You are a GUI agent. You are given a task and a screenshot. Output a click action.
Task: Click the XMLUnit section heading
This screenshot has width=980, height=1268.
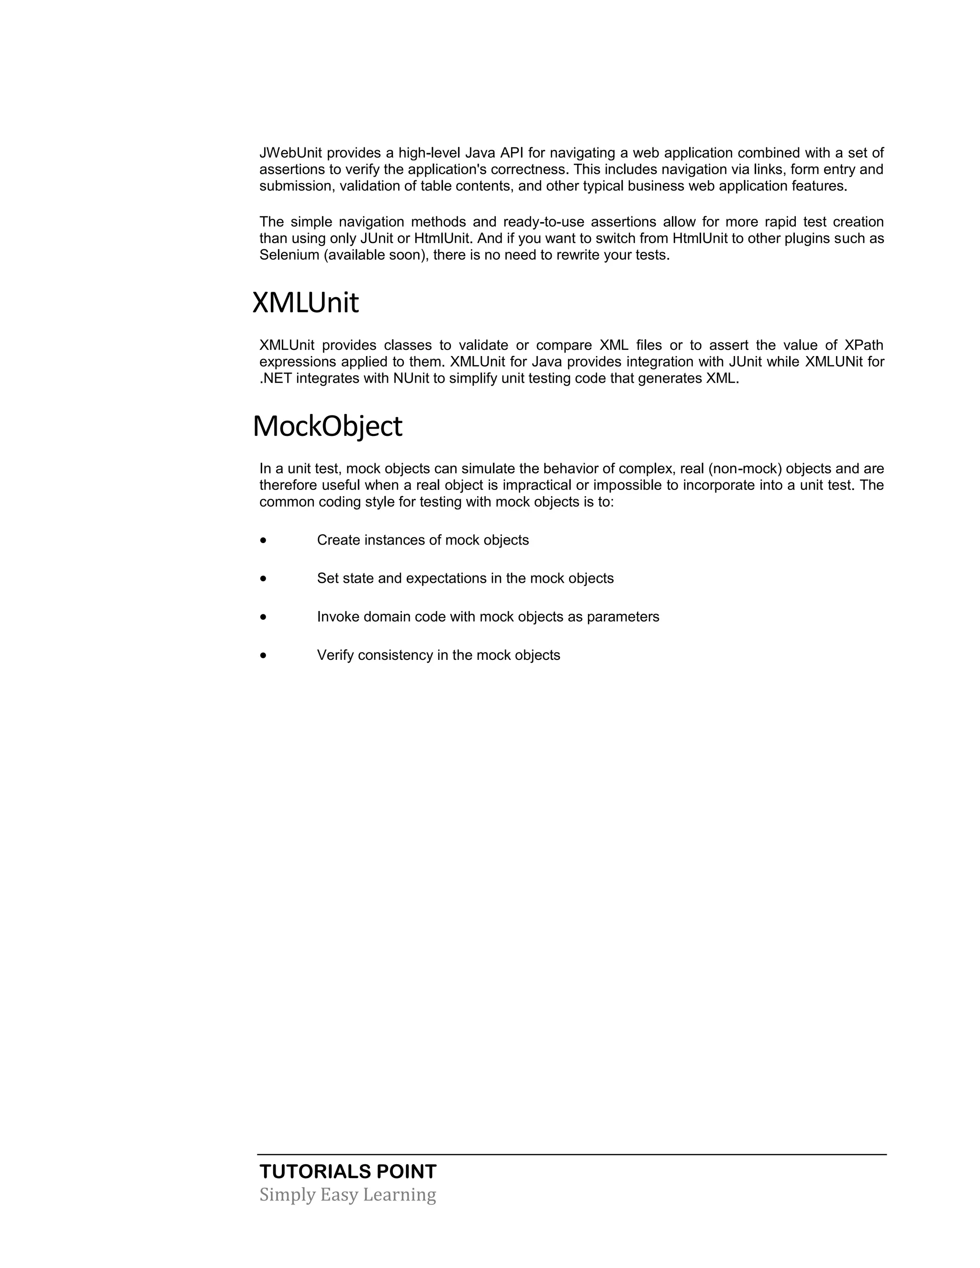point(305,303)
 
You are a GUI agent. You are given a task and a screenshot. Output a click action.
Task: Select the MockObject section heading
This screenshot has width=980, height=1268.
point(327,427)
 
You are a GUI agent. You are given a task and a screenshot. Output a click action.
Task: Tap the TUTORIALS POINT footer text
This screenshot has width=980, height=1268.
point(348,1172)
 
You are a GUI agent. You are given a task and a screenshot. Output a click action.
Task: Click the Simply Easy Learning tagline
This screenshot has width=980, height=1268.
point(347,1195)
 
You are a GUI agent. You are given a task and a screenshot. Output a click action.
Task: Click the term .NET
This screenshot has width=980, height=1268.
point(276,378)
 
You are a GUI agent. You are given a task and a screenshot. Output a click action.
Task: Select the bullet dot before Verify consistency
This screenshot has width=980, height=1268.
point(264,656)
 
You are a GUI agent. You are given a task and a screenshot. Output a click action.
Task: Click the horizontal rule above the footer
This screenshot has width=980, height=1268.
point(572,1155)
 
